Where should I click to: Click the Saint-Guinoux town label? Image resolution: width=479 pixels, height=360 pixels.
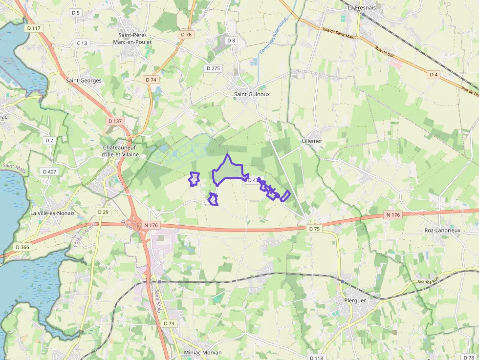click(x=252, y=94)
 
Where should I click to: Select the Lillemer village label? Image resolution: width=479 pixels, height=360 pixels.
click(x=312, y=141)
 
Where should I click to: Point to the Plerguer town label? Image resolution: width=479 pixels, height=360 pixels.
click(x=355, y=300)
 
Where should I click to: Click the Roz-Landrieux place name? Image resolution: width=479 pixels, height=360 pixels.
click(x=442, y=230)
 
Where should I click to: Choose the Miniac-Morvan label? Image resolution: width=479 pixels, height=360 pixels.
click(x=202, y=352)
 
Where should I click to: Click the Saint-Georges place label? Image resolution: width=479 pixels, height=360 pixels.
click(x=84, y=80)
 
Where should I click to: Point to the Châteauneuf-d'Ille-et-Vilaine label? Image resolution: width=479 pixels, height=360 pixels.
click(x=121, y=151)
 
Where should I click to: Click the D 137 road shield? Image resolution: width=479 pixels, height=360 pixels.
click(x=115, y=121)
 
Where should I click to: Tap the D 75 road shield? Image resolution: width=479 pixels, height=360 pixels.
click(x=314, y=229)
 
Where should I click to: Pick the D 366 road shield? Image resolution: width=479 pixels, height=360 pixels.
click(x=22, y=247)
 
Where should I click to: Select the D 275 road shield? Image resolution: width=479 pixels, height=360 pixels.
click(x=213, y=68)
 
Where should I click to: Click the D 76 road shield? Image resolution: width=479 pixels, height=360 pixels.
click(x=186, y=35)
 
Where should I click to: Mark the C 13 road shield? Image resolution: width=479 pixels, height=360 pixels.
click(x=82, y=43)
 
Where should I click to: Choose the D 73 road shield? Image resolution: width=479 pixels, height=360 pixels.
click(x=169, y=323)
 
